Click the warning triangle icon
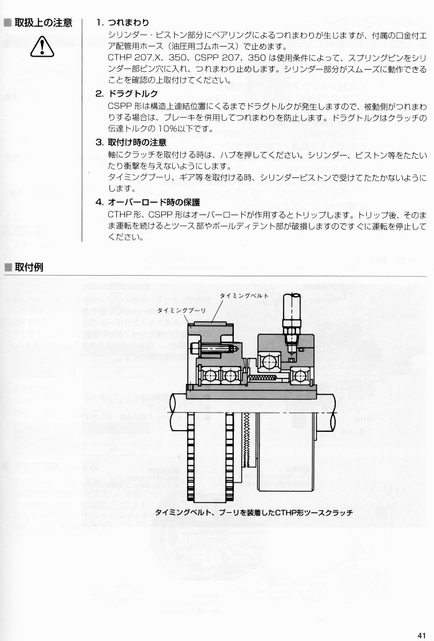[42, 47]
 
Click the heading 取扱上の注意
[44, 22]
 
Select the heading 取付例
[29, 267]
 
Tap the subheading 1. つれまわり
[122, 22]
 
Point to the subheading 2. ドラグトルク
[127, 93]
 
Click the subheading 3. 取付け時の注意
[131, 143]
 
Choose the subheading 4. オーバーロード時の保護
[148, 202]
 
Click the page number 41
[422, 634]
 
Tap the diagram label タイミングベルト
[244, 296]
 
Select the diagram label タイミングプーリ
[182, 311]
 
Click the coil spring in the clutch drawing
[264, 378]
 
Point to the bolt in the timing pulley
[212, 349]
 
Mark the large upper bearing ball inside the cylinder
[269, 362]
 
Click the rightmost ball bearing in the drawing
[299, 376]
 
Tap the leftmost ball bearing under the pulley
[209, 376]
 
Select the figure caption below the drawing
[254, 512]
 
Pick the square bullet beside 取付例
[7, 268]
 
